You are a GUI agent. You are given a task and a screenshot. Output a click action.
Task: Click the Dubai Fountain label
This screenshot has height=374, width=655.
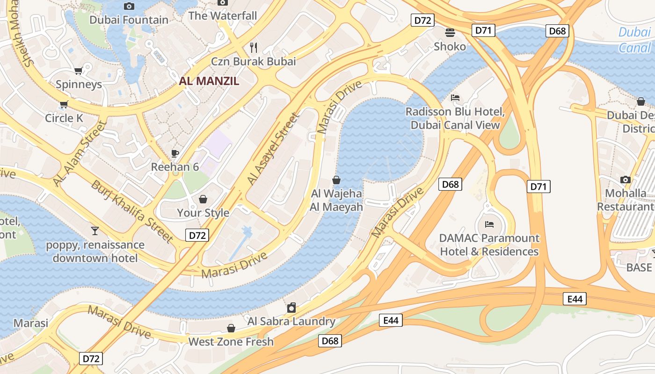tap(129, 20)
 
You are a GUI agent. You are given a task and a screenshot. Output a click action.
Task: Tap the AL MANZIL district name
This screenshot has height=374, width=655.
tap(209, 81)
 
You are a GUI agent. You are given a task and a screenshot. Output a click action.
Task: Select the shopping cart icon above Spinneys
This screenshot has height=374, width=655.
tap(78, 71)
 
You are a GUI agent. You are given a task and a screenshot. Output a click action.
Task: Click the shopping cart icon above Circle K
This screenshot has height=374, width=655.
tap(64, 105)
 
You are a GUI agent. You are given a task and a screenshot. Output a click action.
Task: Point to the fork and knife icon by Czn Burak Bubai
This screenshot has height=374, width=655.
tap(254, 47)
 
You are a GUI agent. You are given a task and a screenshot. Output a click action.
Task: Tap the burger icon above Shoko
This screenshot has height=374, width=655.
tap(450, 33)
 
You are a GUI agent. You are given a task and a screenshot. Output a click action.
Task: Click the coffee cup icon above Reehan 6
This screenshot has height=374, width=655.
tap(175, 153)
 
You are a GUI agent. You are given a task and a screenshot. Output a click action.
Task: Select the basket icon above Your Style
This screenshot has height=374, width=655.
tap(203, 200)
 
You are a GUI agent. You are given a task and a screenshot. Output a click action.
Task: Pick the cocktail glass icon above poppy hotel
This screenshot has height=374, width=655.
tap(95, 230)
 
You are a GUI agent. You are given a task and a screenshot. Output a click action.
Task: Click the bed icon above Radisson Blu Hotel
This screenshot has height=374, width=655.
tap(455, 98)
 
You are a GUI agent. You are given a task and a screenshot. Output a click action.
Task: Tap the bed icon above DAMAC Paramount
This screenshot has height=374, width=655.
tap(489, 224)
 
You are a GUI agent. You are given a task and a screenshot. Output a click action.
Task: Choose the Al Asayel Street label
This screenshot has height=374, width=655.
tap(273, 148)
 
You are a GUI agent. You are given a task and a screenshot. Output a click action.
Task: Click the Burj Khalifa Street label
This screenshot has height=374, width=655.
tap(132, 210)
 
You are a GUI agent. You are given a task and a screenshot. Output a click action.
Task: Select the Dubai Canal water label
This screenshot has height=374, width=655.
tap(634, 40)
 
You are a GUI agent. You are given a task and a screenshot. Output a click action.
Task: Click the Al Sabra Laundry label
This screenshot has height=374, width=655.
tap(291, 321)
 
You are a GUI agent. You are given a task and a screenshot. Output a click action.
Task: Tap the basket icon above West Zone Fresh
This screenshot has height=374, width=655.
tap(231, 328)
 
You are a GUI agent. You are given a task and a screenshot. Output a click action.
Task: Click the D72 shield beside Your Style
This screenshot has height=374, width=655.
tap(197, 235)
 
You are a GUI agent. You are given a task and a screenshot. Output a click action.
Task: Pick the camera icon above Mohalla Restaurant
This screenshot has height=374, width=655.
tap(625, 180)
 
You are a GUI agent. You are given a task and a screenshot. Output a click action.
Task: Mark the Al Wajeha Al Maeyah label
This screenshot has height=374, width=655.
tap(336, 200)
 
